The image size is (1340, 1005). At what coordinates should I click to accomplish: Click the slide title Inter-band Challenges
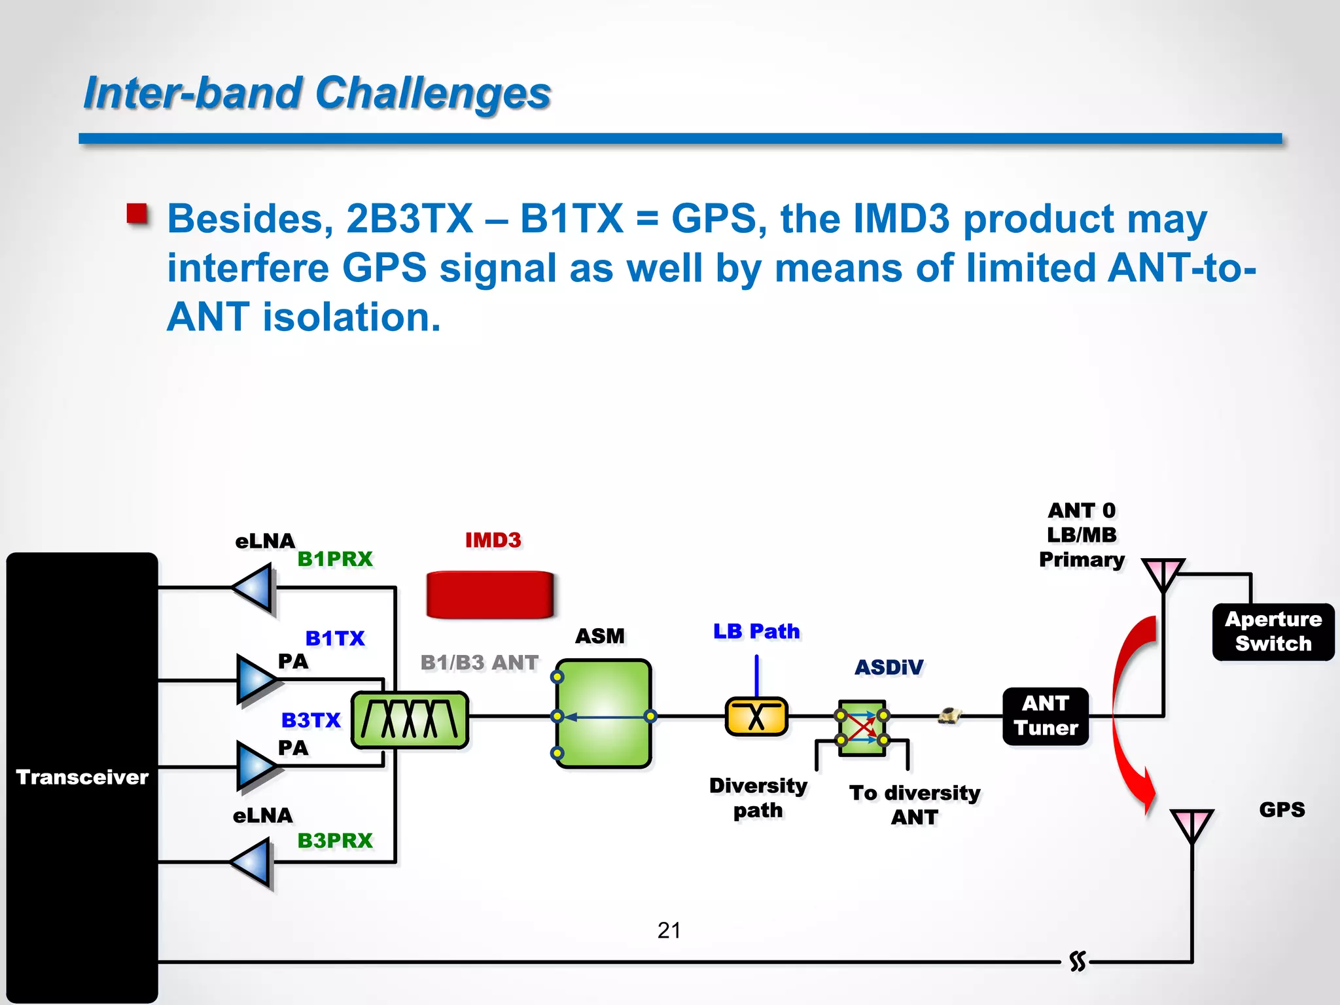coord(317,93)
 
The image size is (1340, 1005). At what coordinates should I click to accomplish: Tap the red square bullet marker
coord(137,215)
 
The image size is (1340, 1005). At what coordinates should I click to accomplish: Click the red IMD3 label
coord(493,540)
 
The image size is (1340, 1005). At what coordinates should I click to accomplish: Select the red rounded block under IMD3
coord(489,594)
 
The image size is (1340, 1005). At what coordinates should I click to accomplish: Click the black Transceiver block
coord(82,777)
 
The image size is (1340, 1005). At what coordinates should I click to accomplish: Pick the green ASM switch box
coord(603,713)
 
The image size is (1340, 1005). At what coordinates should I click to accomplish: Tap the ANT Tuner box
coord(1046,716)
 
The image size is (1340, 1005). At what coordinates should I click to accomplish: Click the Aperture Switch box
coord(1273,631)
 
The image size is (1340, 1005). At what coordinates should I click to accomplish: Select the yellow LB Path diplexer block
coord(756,716)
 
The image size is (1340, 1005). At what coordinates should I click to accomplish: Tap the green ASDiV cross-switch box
coord(862,728)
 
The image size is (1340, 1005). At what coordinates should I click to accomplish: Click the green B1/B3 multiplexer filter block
coord(410,720)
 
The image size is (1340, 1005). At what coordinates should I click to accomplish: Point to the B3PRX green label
coord(335,841)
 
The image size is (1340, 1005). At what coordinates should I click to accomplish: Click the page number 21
coord(669,930)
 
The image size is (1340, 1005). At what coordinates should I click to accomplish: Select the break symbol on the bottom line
coord(1077,962)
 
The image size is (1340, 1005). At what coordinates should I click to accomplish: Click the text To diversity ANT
coord(915,805)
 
